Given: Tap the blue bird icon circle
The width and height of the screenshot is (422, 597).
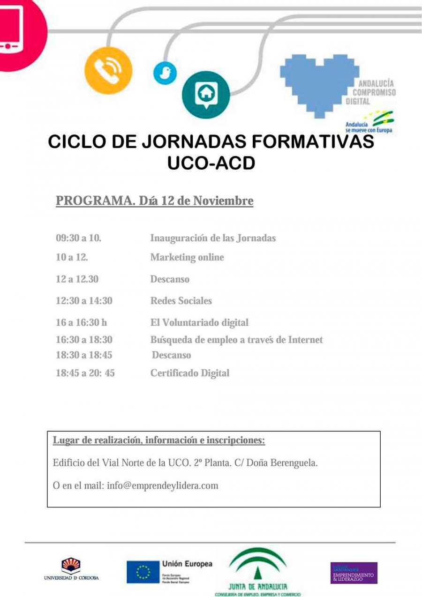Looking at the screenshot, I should pos(165,73).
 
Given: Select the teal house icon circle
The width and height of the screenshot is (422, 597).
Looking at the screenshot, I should pos(205,94).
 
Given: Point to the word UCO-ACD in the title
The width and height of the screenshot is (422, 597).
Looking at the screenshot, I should pos(211,163).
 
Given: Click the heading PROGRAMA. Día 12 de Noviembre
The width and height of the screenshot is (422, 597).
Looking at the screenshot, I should pos(154,201).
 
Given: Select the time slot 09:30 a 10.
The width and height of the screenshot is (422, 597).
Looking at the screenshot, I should pos(78,238).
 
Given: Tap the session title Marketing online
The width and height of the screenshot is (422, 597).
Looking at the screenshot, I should pos(187,257).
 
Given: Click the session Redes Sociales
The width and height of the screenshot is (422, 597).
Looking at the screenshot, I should pos(181,301).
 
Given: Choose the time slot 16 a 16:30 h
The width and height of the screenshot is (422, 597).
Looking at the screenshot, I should pos(81,322).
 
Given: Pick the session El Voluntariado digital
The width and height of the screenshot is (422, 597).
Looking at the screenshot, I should pos(199,322).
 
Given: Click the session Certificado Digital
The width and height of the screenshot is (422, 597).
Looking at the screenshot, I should pos(190,373).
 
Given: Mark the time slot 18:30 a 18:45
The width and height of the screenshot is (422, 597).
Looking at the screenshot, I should pos(84,355).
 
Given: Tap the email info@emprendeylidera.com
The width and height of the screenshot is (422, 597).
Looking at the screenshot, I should pos(163,485).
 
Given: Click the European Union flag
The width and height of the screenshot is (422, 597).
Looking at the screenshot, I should pos(143,572).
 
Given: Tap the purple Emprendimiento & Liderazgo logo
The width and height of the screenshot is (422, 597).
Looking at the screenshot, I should pos(354,573).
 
